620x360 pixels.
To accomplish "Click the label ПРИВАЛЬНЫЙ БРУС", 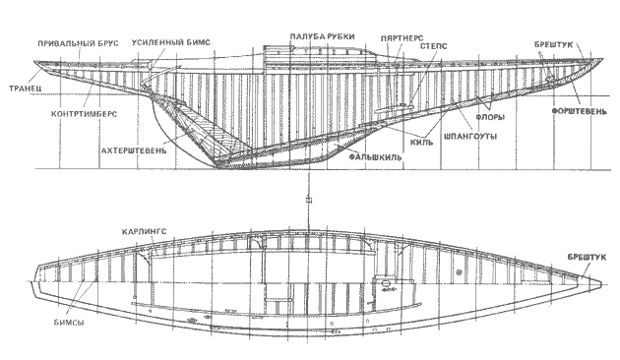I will (x=79, y=44).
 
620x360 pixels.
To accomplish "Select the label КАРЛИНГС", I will (x=147, y=234).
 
